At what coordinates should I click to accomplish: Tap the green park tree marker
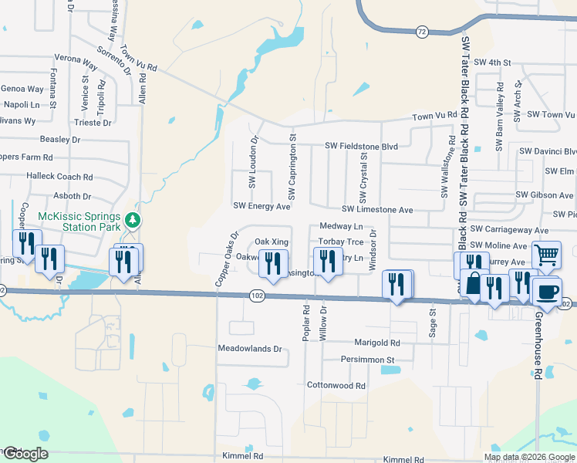point(133,221)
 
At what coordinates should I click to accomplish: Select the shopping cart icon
point(546,254)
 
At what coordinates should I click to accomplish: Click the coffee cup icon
point(548,292)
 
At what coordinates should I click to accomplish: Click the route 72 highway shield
point(420,32)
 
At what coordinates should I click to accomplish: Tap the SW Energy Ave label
point(262,206)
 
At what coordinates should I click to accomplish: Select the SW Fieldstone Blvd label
point(361,145)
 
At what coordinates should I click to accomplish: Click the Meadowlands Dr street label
point(251,349)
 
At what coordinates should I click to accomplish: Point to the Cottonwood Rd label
point(336,385)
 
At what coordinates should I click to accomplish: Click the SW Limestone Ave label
point(378,210)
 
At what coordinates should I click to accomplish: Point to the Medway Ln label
point(341,227)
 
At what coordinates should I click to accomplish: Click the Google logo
point(25,454)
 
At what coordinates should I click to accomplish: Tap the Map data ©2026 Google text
point(529,457)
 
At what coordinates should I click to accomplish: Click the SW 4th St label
point(493,62)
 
